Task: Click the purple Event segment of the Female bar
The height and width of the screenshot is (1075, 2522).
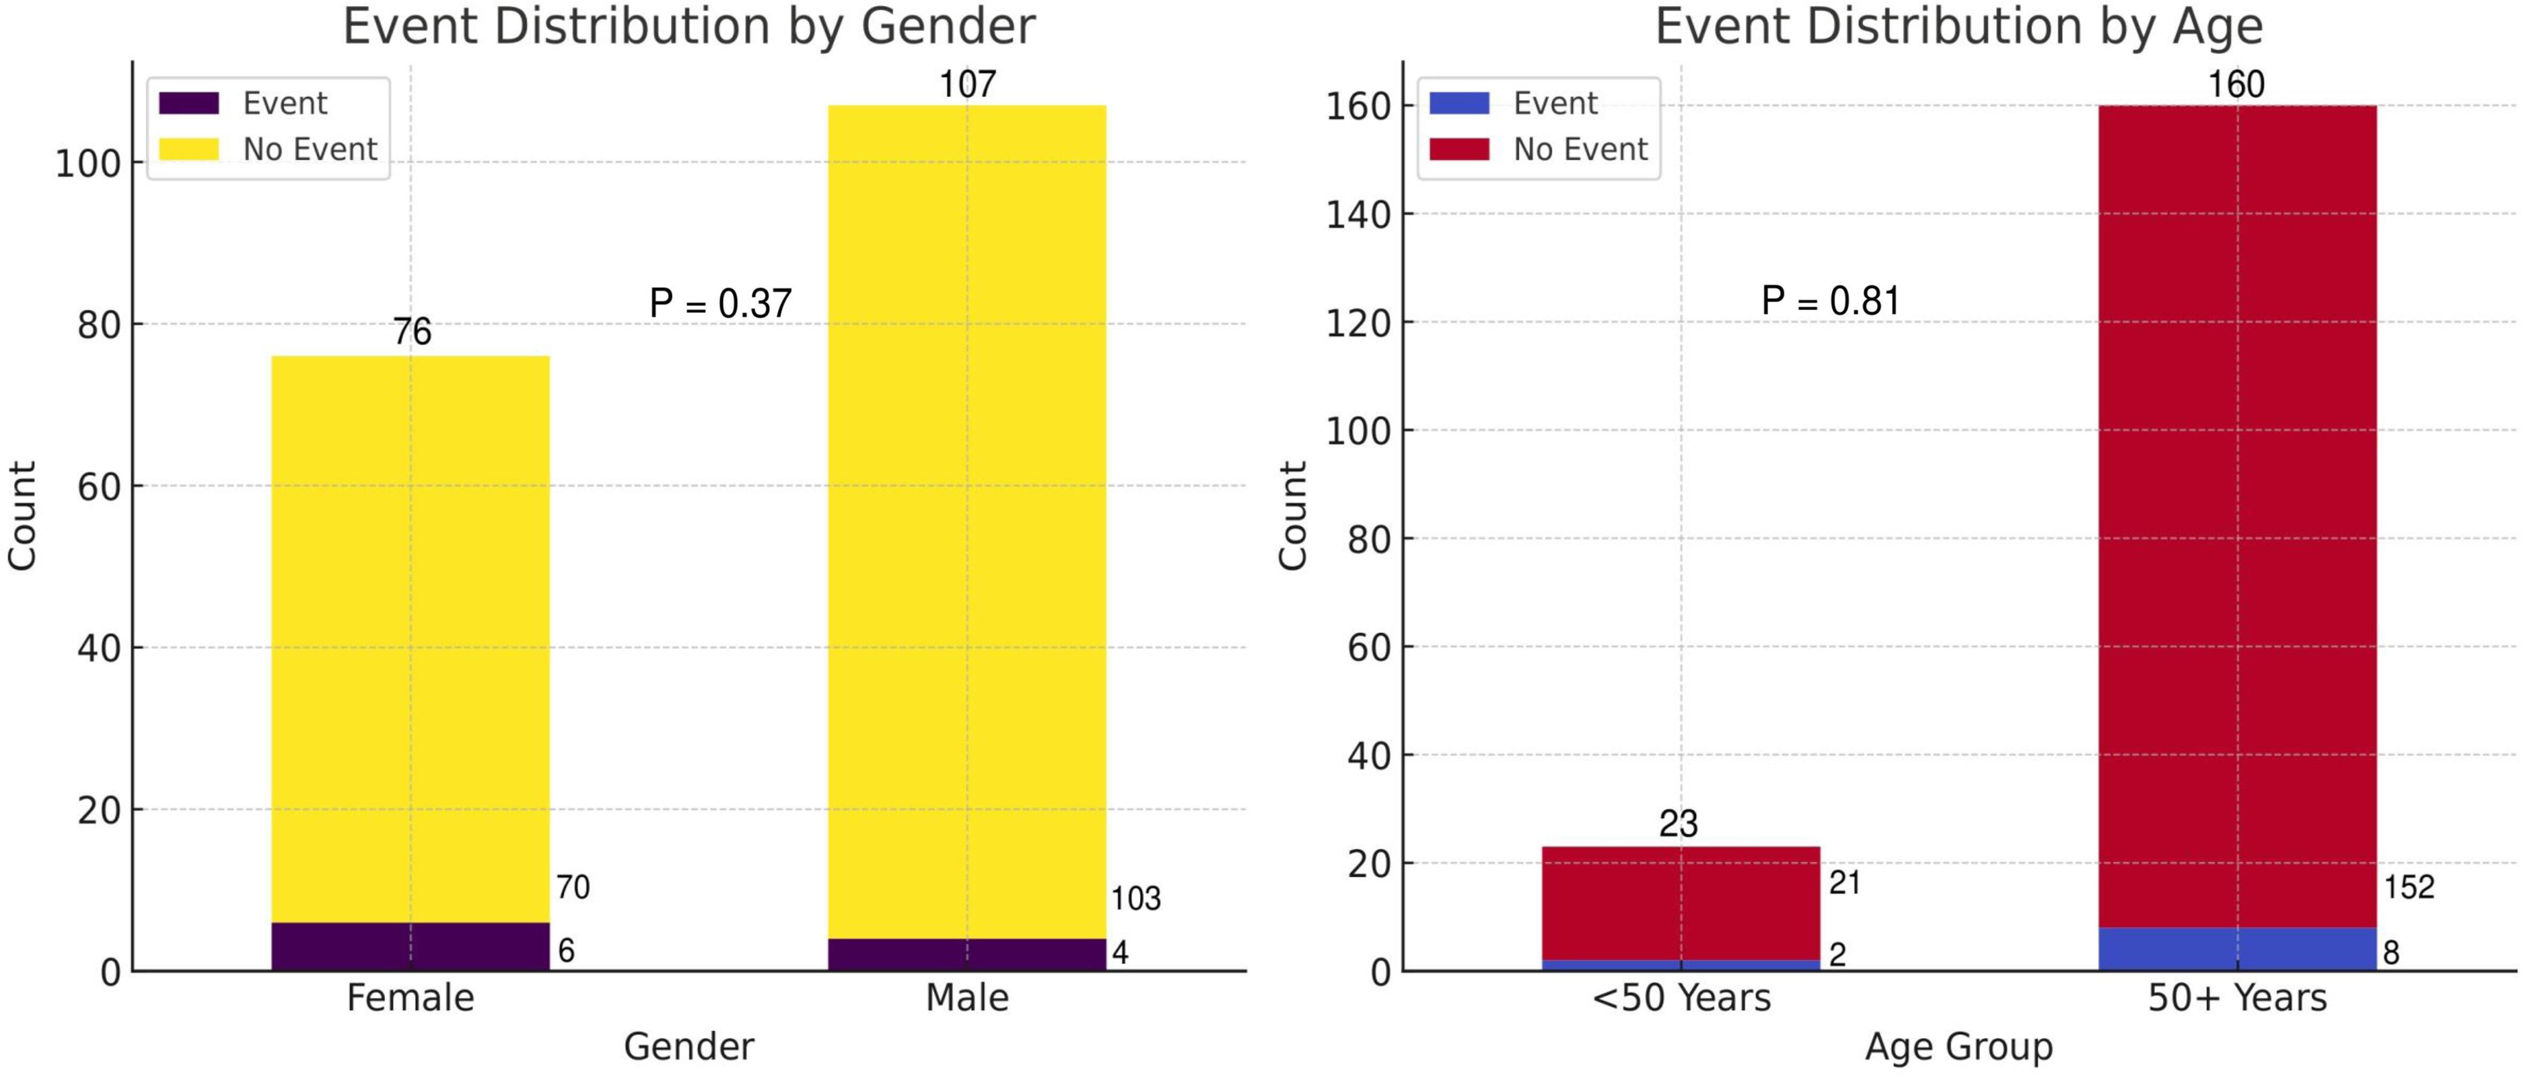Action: [x=410, y=946]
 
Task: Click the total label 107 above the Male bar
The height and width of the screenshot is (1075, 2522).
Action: [x=967, y=85]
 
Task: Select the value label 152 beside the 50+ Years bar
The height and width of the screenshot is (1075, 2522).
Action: [x=2408, y=887]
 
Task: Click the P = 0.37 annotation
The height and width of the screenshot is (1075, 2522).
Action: [x=721, y=304]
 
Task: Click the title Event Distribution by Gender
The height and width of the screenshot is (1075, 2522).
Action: [x=688, y=27]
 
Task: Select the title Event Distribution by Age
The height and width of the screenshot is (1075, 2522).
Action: [x=1958, y=27]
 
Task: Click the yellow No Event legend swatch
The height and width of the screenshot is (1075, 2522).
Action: [x=189, y=149]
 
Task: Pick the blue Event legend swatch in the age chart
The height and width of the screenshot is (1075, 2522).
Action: [x=1459, y=103]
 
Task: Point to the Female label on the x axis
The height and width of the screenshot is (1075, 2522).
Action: [x=410, y=998]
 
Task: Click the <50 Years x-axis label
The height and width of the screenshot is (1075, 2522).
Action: [x=1681, y=998]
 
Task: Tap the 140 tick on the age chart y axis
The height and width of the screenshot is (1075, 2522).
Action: [x=1358, y=215]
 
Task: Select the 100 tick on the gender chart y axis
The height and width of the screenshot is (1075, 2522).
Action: [x=88, y=163]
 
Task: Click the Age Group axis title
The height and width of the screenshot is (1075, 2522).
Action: [x=1958, y=1047]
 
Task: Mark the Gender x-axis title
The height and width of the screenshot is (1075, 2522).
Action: [x=688, y=1047]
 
